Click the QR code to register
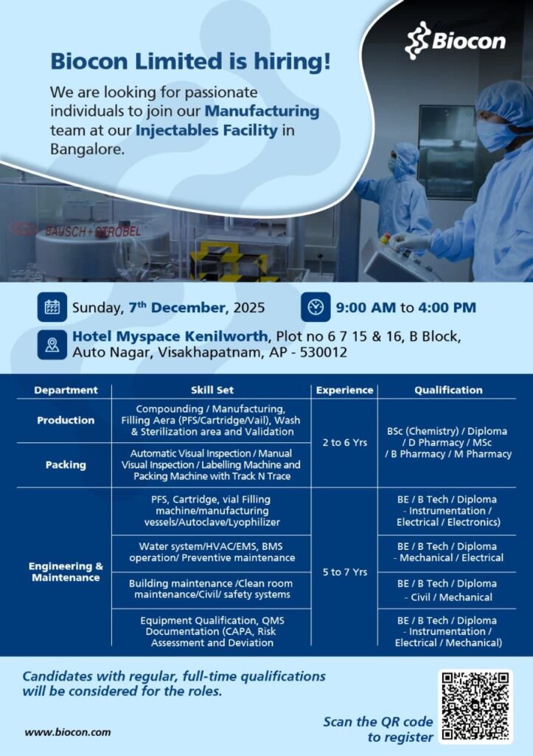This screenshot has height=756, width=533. (475, 706)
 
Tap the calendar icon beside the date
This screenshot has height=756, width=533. (52, 306)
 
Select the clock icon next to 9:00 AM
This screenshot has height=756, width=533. (316, 306)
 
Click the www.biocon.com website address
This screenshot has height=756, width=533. (68, 732)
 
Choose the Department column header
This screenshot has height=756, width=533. (66, 390)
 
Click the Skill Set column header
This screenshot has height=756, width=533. (212, 390)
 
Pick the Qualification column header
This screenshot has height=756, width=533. (448, 390)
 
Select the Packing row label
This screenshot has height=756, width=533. (66, 465)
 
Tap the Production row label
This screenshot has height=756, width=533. (66, 420)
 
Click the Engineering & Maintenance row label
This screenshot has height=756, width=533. (66, 571)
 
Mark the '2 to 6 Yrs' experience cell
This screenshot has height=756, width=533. (344, 443)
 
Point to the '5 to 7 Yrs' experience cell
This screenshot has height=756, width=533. (344, 571)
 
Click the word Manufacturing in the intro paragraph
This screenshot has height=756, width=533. (262, 111)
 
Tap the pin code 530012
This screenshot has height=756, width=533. (322, 352)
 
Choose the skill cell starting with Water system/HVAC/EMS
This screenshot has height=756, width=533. (212, 551)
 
